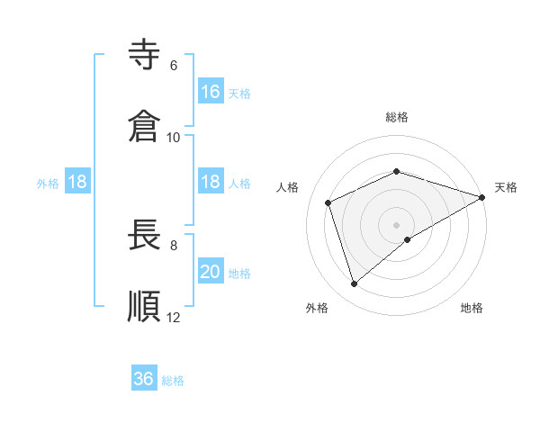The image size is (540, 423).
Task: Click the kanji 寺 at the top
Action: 145,56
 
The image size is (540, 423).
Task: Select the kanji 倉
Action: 145,126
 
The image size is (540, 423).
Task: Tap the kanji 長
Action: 145,236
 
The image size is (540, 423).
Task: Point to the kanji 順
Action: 145,306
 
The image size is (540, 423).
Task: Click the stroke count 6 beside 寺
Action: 173,65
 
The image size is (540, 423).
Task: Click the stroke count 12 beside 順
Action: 173,317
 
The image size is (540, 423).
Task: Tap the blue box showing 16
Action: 211,91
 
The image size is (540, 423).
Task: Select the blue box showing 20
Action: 211,272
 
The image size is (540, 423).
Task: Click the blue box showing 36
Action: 144,379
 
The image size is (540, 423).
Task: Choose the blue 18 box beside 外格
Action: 77,182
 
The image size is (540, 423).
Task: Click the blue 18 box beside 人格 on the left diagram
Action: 211,182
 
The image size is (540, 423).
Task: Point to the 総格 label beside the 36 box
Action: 173,381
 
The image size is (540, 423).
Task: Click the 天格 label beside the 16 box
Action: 239,93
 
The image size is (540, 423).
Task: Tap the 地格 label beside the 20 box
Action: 239,274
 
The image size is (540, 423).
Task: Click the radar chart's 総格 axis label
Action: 397,117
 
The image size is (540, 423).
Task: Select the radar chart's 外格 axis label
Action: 317,308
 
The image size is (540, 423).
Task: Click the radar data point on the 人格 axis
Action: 329,202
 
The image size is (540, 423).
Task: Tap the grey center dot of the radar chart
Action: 397,224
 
